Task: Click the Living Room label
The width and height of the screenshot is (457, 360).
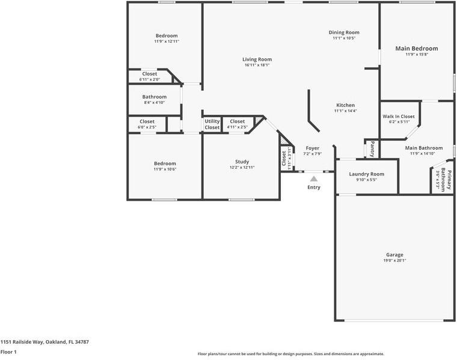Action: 257,59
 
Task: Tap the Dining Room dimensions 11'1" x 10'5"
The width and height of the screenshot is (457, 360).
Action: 344,38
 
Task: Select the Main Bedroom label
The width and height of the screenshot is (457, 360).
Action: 416,49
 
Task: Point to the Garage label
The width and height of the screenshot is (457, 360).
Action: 394,254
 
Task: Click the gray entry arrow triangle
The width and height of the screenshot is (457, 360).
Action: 313,178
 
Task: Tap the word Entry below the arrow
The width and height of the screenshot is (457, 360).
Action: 314,188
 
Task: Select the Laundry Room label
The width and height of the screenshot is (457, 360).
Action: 366,174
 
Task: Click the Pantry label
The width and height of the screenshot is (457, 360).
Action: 372,148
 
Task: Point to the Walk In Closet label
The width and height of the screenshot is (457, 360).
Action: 399,116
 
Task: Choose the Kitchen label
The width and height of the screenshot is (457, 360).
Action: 345,105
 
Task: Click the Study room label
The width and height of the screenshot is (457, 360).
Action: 242,162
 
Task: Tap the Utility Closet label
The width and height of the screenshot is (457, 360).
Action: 212,124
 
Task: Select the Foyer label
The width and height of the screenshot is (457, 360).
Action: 313,148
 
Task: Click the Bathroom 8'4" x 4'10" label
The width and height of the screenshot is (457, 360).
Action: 155,97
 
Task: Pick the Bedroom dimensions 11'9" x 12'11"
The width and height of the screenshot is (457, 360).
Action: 167,41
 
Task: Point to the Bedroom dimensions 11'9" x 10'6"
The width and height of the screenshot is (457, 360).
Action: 165,169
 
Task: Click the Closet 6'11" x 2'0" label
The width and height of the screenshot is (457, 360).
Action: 150,74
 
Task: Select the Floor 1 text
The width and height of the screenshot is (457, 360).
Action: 8,352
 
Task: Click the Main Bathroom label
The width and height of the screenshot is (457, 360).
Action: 424,148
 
